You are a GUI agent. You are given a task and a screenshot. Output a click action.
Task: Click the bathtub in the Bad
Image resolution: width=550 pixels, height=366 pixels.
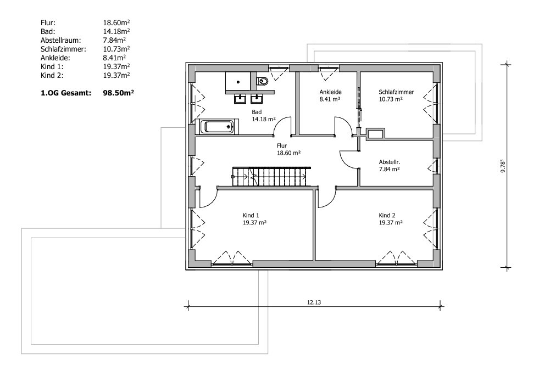[x=219, y=127]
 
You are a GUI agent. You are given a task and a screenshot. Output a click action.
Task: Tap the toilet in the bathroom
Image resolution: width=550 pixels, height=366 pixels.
[x=262, y=81]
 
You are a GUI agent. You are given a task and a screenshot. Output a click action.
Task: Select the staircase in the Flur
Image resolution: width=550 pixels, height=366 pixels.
[x=271, y=177]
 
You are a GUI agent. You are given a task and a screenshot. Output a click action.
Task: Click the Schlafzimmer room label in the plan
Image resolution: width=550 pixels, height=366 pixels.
[x=396, y=92]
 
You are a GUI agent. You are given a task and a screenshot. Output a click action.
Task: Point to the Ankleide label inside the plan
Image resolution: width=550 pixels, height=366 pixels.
[x=330, y=92]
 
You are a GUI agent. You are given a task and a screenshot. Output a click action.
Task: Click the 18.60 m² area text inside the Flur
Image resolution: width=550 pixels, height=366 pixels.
[x=288, y=153]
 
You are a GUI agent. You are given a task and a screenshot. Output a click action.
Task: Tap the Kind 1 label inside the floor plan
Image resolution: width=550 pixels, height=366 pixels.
[x=251, y=216]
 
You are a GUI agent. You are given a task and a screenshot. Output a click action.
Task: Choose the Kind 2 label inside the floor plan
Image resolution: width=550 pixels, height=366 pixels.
[x=387, y=216]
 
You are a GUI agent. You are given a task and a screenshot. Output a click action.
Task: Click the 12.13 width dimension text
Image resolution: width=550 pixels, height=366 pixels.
[x=314, y=302]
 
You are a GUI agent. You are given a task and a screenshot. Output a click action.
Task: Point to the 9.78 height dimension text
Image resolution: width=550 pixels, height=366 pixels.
[x=503, y=166]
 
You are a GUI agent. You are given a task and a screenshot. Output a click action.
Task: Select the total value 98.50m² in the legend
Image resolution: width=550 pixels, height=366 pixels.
[x=119, y=93]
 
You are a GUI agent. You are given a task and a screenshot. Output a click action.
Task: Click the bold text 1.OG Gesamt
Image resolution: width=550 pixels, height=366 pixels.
[x=66, y=93]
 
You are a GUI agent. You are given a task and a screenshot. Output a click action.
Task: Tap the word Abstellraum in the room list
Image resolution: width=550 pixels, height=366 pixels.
[x=60, y=40]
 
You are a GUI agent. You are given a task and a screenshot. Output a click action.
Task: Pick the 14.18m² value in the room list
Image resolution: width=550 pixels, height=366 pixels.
[x=116, y=31]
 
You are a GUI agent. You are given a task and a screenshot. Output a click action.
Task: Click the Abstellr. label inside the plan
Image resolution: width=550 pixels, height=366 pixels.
[x=390, y=162]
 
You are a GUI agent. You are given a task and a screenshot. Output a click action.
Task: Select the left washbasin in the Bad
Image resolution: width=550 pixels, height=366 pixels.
[x=240, y=99]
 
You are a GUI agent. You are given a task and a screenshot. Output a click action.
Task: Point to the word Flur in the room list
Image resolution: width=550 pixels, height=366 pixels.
[x=48, y=22]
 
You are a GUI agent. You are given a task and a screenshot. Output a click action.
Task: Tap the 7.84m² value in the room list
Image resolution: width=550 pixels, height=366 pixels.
[x=114, y=40]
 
